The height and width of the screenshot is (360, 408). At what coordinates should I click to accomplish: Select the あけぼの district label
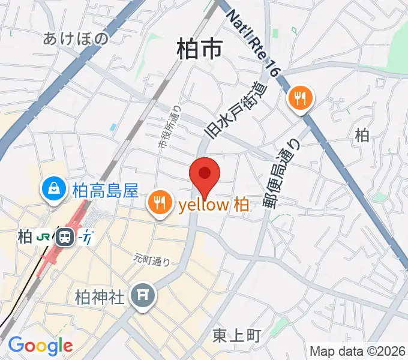(x=76, y=39)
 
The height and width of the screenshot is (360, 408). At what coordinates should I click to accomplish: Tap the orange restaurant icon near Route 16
(x=300, y=97)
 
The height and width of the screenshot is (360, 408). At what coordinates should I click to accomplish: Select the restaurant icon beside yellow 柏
(x=160, y=205)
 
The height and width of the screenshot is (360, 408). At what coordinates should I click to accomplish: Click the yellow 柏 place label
(x=214, y=205)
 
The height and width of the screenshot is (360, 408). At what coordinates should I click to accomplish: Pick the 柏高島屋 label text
(x=106, y=191)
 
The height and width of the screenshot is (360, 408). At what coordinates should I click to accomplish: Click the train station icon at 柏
(x=64, y=237)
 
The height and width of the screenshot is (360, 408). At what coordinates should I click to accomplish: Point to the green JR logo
(x=44, y=237)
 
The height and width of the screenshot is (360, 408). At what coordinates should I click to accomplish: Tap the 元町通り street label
(x=152, y=260)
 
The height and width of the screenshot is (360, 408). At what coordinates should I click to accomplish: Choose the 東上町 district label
(x=237, y=336)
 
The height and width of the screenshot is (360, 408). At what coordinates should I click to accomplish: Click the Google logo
(x=40, y=346)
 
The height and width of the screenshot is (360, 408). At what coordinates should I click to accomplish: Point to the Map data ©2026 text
(x=357, y=351)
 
